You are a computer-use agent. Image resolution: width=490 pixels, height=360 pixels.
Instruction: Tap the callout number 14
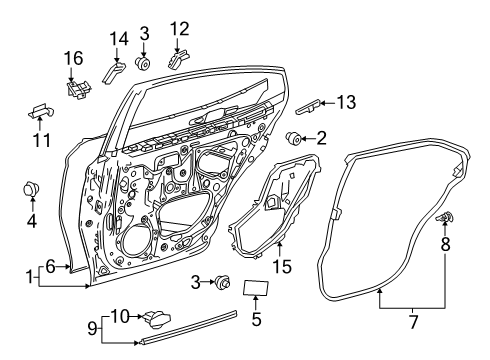[x=118, y=39]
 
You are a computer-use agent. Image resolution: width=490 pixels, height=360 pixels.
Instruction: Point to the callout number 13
[x=346, y=102]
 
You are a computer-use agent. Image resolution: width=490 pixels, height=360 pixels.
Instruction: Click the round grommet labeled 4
[x=30, y=187]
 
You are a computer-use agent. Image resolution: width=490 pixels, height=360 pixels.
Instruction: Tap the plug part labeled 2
[x=295, y=137]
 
